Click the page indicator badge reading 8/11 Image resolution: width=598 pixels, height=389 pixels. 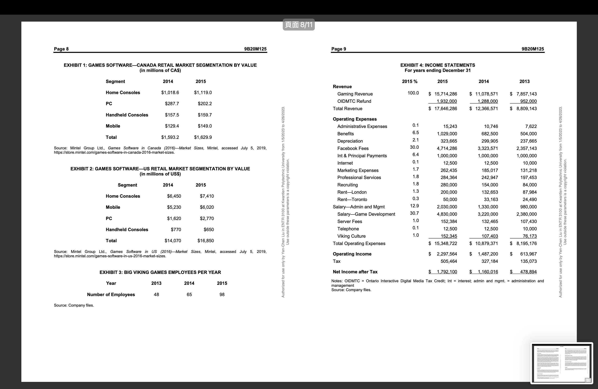pyautogui.click(x=298, y=25)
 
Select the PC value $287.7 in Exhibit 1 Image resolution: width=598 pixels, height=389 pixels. pyautogui.click(x=172, y=104)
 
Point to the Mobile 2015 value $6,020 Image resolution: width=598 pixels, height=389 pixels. pyautogui.click(x=207, y=207)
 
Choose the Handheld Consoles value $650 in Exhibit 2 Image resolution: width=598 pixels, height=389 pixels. pyautogui.click(x=209, y=230)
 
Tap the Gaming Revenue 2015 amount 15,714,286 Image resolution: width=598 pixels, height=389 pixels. pyautogui.click(x=446, y=94)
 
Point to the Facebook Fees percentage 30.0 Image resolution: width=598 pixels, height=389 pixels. pyautogui.click(x=414, y=147)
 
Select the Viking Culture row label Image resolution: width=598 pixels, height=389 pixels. pyautogui.click(x=351, y=236)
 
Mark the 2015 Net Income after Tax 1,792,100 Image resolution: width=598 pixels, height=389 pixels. pyautogui.click(x=447, y=272)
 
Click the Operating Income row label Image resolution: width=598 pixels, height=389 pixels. pyautogui.click(x=352, y=254)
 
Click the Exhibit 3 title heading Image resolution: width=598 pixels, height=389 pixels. pyautogui.click(x=160, y=273)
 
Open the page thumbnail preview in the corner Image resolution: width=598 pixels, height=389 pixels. pyautogui.click(x=562, y=363)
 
